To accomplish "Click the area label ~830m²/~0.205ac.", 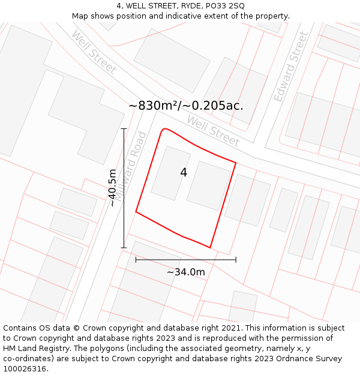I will (186, 106).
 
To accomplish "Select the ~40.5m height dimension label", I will (112, 188).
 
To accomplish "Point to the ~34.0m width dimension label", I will (186, 272).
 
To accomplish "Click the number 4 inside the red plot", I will (184, 173).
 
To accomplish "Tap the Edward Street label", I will (290, 67).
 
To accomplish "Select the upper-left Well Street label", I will (94, 52).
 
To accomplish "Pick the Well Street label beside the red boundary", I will (213, 131).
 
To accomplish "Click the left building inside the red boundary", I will (170, 173).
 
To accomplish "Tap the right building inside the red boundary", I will (208, 186).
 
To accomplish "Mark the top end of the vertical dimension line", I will (124, 128).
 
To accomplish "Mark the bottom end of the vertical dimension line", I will (124, 247).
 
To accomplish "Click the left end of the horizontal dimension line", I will (136, 260).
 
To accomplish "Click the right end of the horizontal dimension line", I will (236, 260).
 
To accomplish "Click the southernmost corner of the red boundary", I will (210, 247).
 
